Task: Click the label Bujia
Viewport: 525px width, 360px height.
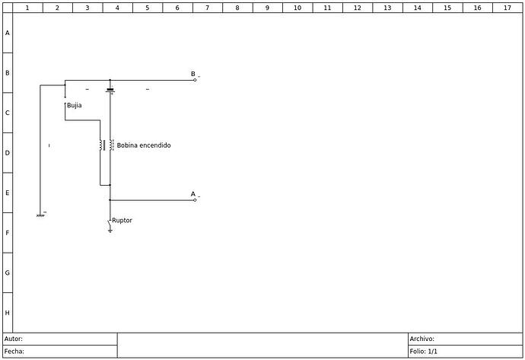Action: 75,106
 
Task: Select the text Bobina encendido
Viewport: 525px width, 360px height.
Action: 144,145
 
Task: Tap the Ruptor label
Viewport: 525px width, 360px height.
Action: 122,221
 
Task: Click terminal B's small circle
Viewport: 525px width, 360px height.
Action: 195,80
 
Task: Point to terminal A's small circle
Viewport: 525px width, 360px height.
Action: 195,200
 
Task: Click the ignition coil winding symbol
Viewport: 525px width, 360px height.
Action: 107,145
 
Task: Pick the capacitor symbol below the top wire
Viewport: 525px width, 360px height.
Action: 110,90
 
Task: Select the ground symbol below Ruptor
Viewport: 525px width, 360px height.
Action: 110,231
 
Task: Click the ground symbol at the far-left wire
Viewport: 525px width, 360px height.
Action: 40,216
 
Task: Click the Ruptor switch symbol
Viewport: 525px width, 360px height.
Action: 110,221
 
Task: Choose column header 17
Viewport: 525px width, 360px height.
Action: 508,8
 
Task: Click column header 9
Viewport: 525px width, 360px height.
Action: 267,8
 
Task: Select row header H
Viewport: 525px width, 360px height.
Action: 7,313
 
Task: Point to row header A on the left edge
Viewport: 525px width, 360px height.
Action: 7,33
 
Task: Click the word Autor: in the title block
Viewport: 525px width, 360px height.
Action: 14,339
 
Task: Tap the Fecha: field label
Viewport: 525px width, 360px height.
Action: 14,352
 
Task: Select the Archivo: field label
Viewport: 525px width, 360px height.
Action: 422,339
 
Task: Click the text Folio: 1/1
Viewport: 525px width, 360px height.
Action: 424,352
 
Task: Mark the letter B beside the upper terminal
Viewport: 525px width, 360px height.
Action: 193,74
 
